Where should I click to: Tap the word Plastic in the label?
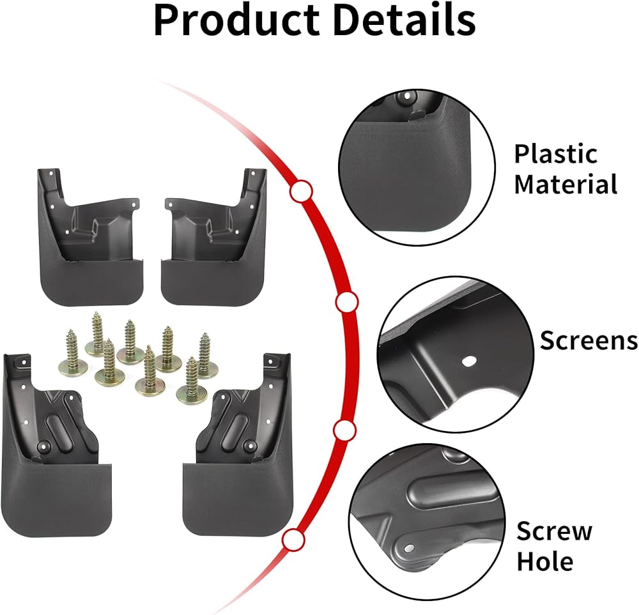click(x=555, y=154)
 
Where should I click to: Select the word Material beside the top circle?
click(x=566, y=185)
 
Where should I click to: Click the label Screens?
click(x=589, y=340)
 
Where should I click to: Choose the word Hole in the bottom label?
click(x=544, y=562)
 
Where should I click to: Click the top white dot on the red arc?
click(x=300, y=191)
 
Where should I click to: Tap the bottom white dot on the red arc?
click(x=293, y=540)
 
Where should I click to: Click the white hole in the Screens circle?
click(x=468, y=360)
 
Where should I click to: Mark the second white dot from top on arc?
click(x=346, y=302)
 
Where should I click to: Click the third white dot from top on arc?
click(x=344, y=431)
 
